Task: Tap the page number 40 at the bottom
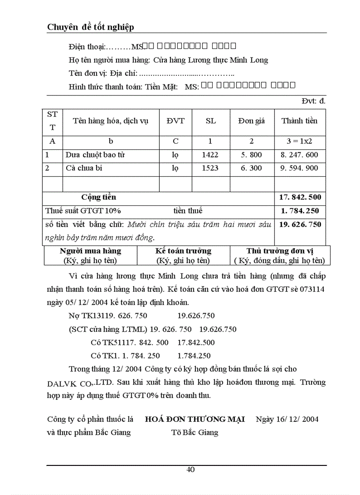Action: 191,469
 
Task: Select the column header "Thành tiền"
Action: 300,121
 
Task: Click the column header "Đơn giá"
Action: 251,121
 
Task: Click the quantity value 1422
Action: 210,155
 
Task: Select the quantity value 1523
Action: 210,168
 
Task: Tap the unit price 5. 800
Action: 251,155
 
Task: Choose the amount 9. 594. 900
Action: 299,168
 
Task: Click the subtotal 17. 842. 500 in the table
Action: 300,197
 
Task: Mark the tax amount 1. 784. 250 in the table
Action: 300,211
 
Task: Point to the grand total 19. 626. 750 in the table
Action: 300,224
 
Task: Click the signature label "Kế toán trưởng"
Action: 184,251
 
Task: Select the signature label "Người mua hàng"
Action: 90,251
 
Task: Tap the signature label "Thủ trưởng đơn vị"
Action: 280,251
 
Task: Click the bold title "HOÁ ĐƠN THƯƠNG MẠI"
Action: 195,419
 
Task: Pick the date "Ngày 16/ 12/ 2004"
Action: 287,419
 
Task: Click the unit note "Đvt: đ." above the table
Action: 314,101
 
